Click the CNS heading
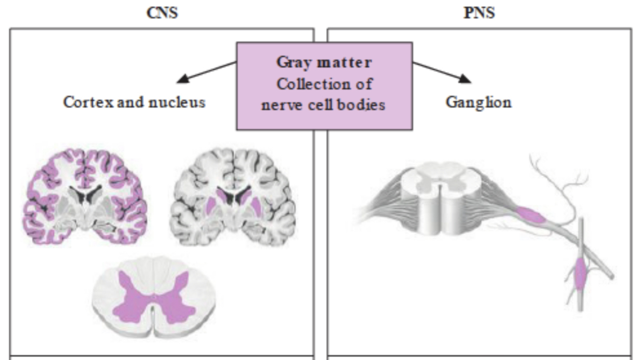coord(162,13)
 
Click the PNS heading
coord(479,13)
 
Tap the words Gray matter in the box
coord(324,63)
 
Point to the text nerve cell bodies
coord(323,104)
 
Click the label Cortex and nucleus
coord(134,102)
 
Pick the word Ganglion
coord(478,102)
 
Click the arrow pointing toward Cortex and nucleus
coord(206,72)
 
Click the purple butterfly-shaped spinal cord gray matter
coord(154,297)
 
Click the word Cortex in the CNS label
coord(83,102)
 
